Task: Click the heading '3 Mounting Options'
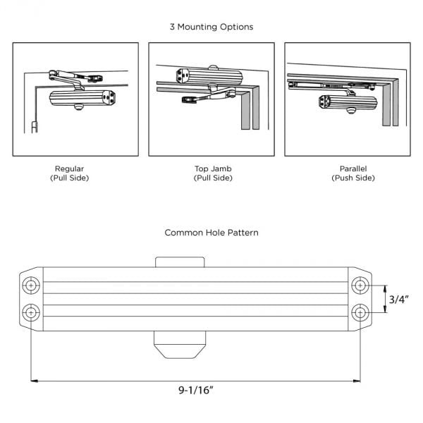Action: point(211,27)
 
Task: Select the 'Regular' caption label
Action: point(69,168)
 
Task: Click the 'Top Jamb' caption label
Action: point(212,168)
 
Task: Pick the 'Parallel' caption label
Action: point(352,168)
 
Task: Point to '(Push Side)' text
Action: point(352,178)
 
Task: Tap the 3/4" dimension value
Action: point(399,299)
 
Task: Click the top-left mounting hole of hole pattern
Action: point(31,286)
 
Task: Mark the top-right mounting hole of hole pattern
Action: point(360,286)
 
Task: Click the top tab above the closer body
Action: point(180,262)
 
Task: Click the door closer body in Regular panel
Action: point(81,99)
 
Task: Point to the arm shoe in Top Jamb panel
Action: point(188,100)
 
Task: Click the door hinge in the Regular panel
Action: point(34,128)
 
